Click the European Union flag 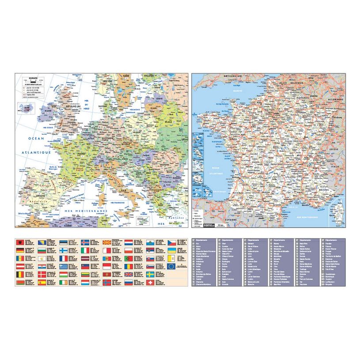tap(171, 266)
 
